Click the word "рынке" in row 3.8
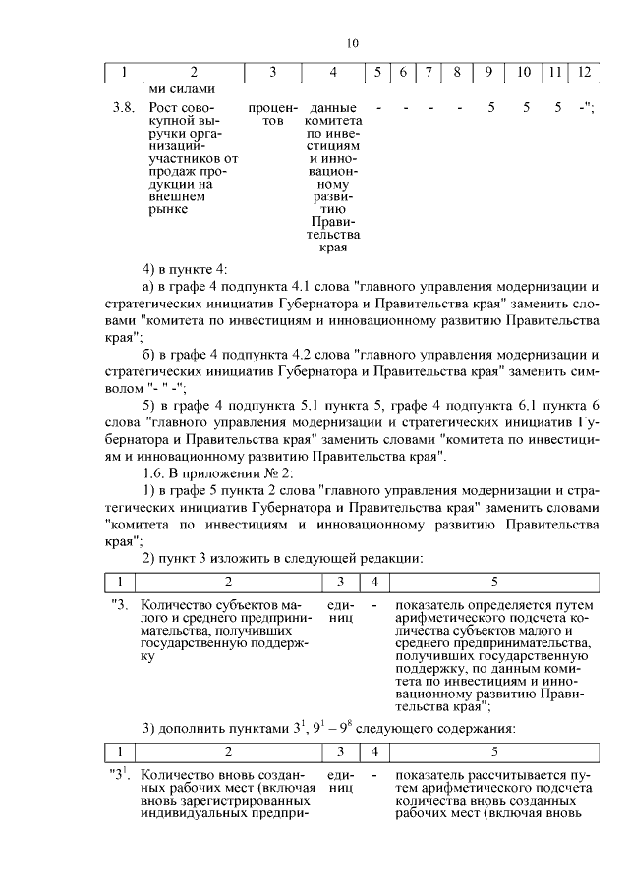166,208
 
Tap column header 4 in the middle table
373,582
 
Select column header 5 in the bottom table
494,751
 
